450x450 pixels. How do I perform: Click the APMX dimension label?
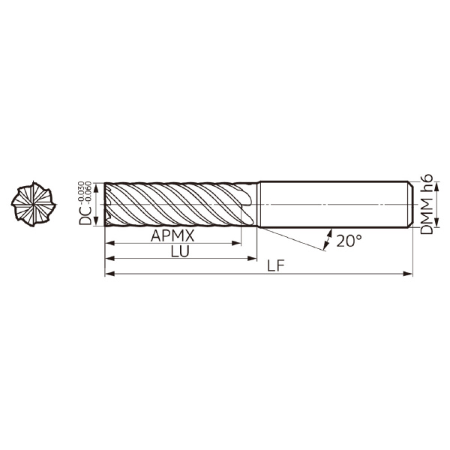pyautogui.click(x=172, y=236)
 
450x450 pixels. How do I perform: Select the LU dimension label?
pyautogui.click(x=180, y=252)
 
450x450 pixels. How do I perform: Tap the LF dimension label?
pyautogui.click(x=275, y=266)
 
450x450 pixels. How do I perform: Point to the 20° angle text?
pyautogui.click(x=349, y=241)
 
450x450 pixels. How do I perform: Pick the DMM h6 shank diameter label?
pyautogui.click(x=427, y=204)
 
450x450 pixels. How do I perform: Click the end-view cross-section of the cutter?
pyautogui.click(x=34, y=204)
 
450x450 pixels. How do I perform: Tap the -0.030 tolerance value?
pyautogui.click(x=81, y=192)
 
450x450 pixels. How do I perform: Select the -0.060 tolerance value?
pyautogui.click(x=88, y=192)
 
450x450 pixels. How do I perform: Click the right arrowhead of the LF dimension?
pyautogui.click(x=408, y=274)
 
